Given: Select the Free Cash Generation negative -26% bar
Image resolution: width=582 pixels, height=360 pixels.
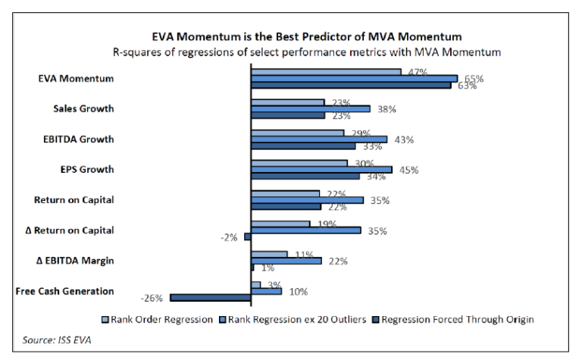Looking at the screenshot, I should coord(211,298).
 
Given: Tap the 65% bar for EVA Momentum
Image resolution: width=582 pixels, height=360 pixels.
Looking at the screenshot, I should coord(354,78).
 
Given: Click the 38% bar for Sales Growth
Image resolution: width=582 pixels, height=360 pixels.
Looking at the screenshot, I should coord(310,108).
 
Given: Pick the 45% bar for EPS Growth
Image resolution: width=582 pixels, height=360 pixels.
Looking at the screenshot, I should coord(321,169).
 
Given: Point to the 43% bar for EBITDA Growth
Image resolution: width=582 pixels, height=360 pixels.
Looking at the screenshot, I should coord(319,139).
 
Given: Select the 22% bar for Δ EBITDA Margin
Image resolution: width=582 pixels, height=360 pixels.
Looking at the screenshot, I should coord(286,261).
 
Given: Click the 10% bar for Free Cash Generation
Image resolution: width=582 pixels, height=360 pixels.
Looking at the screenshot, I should coord(266,291).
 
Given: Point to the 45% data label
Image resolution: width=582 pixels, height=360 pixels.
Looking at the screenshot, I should coord(409,170).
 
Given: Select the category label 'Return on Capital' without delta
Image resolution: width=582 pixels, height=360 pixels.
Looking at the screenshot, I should coord(74,200).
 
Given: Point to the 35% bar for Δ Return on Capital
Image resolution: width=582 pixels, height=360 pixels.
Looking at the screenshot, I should coord(305,230).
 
